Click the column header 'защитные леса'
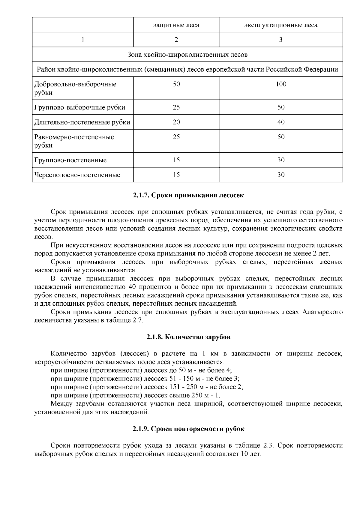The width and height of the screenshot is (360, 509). (176, 25)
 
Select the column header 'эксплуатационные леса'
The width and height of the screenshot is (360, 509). (280, 25)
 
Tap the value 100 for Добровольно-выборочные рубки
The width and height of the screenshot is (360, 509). (281, 84)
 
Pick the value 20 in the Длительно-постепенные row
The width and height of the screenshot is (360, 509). (176, 122)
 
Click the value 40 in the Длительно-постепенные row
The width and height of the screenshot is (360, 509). (281, 122)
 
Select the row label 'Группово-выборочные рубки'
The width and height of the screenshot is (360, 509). (79, 107)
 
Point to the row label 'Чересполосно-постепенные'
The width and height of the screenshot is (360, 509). (77, 175)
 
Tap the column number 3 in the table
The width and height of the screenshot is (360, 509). (281, 40)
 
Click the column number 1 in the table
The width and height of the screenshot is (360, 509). (83, 40)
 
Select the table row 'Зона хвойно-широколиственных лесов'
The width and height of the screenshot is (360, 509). (187, 55)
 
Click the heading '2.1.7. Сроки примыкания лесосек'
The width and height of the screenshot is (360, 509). (188, 196)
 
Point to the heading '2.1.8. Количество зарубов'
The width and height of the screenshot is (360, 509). (188, 337)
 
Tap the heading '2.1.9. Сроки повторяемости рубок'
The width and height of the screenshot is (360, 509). (188, 429)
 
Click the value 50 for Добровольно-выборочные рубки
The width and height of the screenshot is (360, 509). (176, 84)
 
